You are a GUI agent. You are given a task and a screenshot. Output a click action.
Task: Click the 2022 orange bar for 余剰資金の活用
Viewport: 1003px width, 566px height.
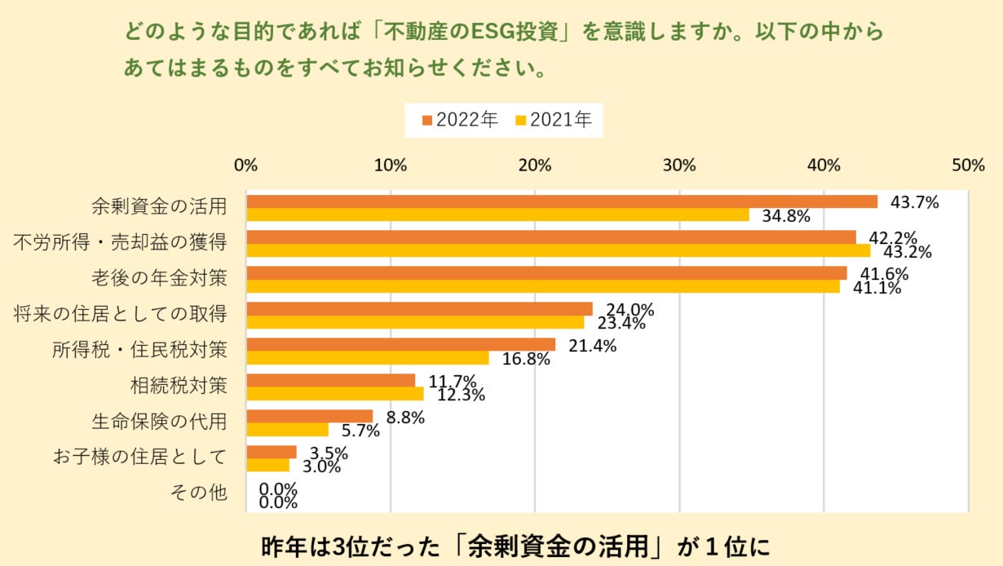562,201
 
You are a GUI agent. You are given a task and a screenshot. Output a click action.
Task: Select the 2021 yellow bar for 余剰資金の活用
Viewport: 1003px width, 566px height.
497,215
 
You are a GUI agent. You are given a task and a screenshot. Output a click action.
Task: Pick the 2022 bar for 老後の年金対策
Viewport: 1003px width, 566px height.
546,273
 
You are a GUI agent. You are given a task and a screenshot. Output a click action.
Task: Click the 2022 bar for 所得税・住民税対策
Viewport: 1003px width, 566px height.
400,345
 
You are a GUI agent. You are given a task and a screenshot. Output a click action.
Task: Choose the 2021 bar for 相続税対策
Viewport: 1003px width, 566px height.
335,394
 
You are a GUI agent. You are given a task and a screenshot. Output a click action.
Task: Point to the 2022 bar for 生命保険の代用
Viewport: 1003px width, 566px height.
309,416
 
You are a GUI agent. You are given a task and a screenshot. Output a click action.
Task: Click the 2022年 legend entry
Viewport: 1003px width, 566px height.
460,120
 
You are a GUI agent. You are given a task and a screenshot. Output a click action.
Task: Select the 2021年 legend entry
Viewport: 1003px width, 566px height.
554,120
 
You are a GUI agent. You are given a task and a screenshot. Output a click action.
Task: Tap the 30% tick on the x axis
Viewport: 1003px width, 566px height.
679,165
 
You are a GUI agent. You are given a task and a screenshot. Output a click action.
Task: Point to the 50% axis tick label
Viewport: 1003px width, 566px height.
968,165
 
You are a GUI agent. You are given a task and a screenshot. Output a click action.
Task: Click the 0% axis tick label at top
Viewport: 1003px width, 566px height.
245,165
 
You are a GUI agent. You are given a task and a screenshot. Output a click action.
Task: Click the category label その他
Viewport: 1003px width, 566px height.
198,493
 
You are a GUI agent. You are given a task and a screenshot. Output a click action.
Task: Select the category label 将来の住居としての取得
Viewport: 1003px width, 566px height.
121,314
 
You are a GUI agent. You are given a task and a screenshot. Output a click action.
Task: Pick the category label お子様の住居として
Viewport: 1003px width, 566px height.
139,458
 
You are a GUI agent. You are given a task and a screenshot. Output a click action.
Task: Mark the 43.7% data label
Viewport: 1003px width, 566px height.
915,201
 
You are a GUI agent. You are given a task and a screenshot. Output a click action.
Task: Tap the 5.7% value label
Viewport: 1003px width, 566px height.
360,431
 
